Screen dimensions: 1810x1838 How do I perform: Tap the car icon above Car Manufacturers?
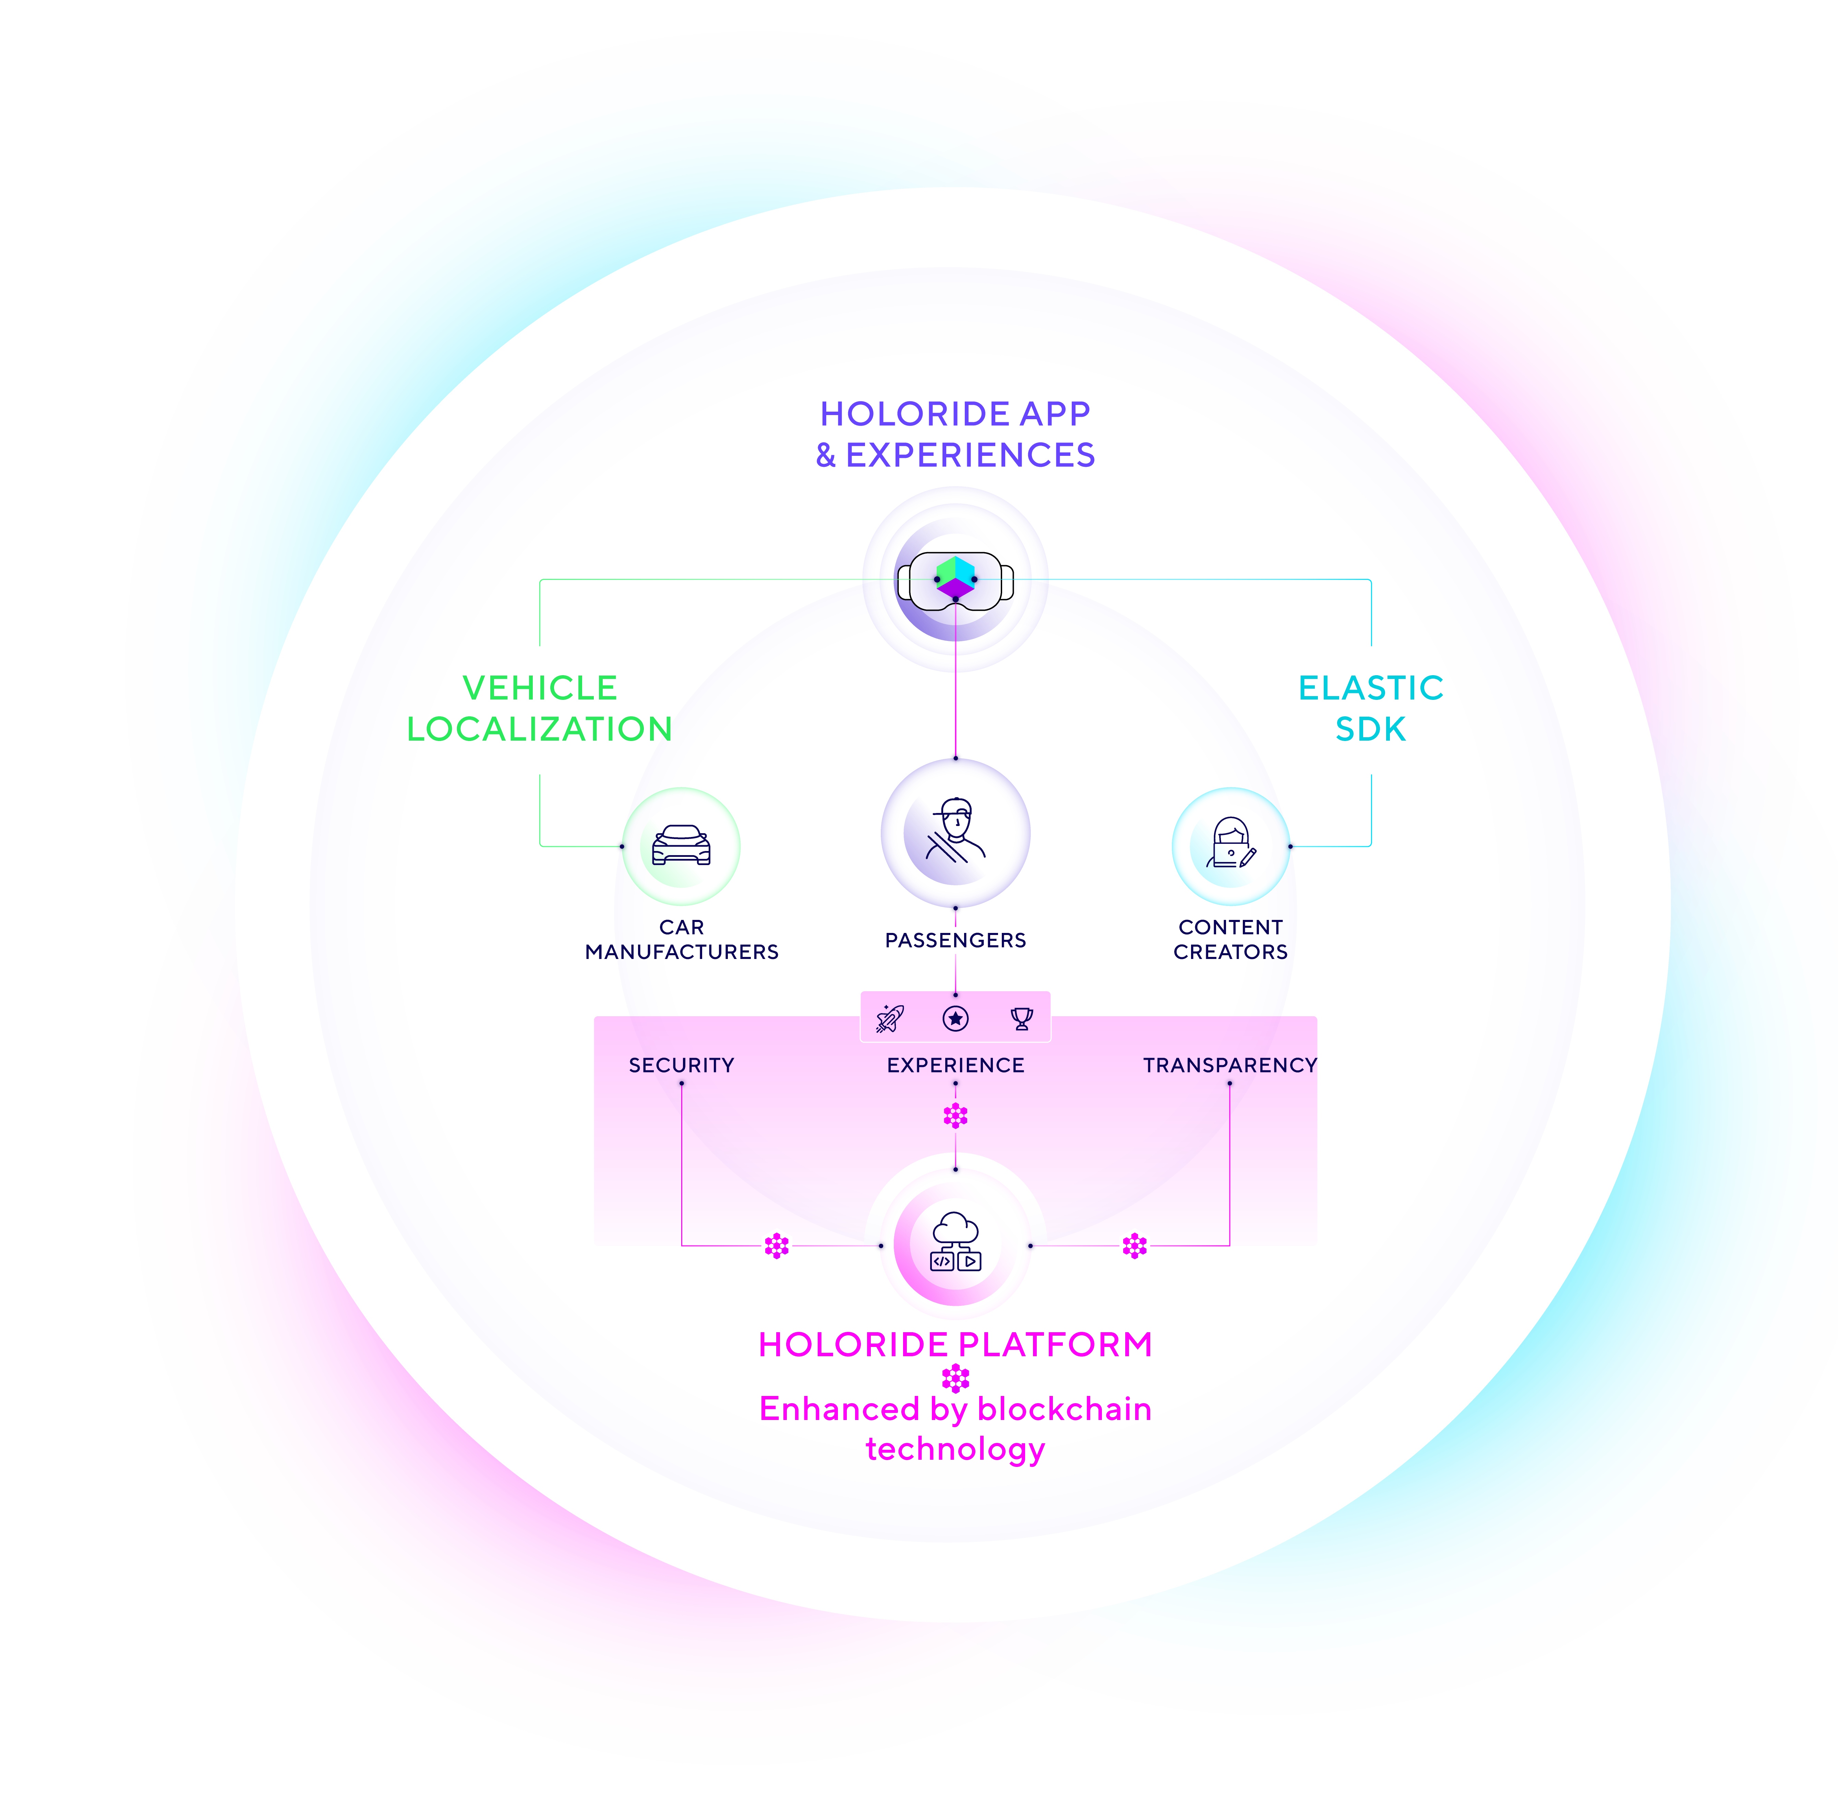tap(681, 845)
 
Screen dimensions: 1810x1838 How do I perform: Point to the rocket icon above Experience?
tap(890, 1018)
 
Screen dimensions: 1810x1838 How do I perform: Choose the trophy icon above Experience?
tap(1021, 1018)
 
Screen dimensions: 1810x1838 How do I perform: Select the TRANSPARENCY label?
tap(1229, 1065)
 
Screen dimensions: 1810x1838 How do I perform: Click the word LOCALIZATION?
tap(539, 729)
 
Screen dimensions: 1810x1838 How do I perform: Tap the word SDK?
tap(1370, 729)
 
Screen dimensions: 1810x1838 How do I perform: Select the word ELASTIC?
tap(1370, 687)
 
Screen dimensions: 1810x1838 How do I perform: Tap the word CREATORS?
tap(1230, 951)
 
